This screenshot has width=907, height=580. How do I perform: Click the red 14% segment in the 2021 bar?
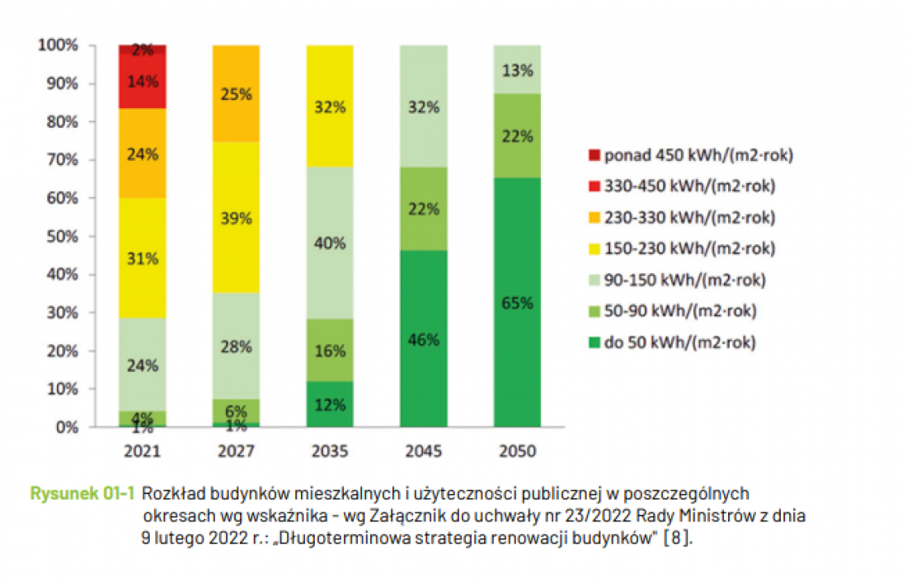tap(143, 81)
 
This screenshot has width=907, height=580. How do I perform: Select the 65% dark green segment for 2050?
tap(517, 302)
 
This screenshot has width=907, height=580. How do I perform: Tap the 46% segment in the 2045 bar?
tap(424, 338)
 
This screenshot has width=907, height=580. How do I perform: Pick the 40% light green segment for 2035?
tap(330, 243)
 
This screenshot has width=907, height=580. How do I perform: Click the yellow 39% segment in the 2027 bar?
tap(236, 217)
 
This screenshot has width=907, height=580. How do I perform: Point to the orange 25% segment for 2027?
tap(236, 93)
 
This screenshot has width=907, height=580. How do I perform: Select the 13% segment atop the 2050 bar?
tap(517, 69)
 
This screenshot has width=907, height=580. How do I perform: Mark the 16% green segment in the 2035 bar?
tap(330, 350)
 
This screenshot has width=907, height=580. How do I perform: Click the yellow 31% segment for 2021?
tap(143, 257)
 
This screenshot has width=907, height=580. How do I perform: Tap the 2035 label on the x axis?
tap(330, 451)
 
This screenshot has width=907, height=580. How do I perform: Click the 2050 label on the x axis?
tap(517, 451)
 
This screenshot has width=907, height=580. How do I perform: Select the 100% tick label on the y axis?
tap(58, 45)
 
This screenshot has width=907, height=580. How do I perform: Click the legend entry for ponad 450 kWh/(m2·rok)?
tap(691, 155)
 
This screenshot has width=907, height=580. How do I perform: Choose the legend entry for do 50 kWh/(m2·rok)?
tap(672, 342)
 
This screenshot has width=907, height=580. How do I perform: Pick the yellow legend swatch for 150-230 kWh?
tap(594, 249)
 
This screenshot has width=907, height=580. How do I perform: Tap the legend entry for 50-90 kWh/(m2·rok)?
tap(672, 311)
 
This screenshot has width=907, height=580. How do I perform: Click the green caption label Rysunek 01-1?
tap(82, 493)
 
